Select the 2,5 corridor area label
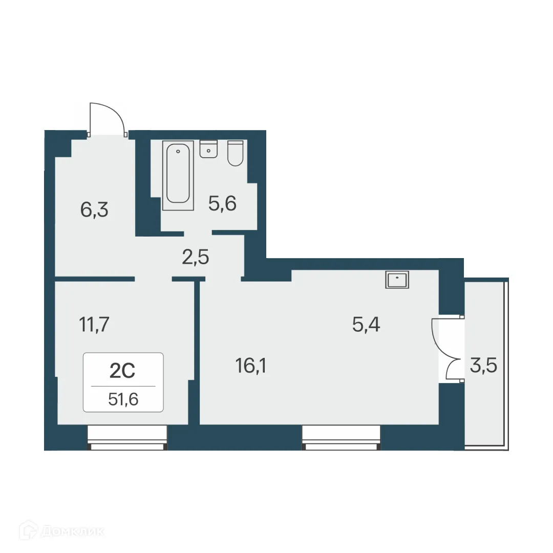pos(195,257)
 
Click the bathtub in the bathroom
pos(178,174)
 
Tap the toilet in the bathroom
pos(235,153)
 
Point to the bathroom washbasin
pos(208,149)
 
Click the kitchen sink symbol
pos(397,280)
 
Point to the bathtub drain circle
pos(178,152)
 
